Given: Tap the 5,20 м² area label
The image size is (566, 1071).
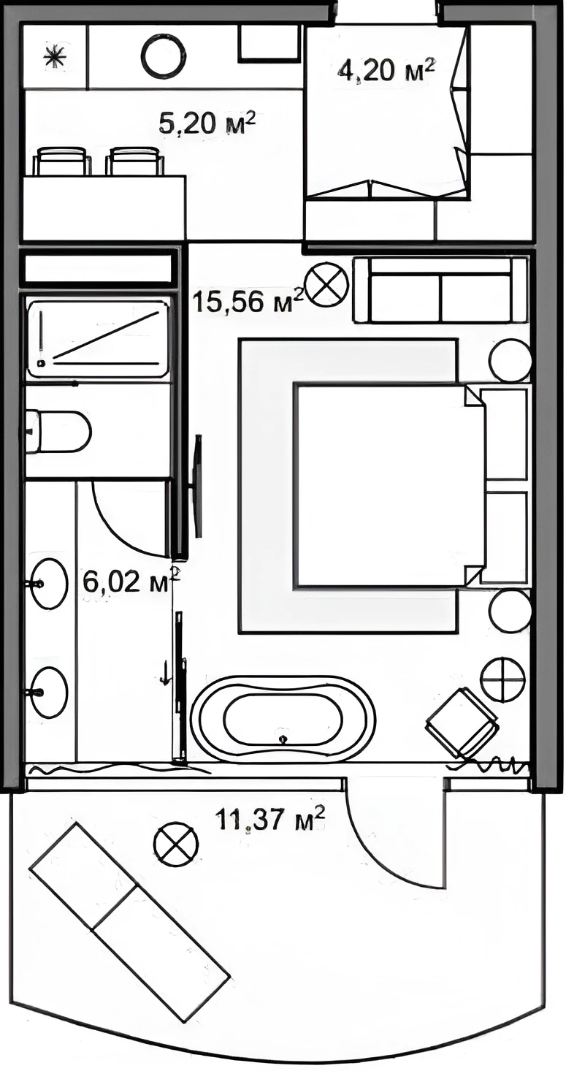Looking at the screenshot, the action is [x=207, y=124].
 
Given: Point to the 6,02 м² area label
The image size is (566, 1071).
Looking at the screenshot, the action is [x=131, y=581].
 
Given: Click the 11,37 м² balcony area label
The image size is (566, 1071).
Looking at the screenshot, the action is [x=270, y=819].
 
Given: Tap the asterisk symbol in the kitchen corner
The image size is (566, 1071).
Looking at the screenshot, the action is [x=55, y=57].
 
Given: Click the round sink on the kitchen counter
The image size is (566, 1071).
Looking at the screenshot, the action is [x=164, y=56].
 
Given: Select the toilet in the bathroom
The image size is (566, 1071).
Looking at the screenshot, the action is [x=58, y=432].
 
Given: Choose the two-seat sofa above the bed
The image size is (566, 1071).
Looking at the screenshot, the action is [x=441, y=290].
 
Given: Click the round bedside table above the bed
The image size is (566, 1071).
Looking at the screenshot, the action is [x=510, y=360].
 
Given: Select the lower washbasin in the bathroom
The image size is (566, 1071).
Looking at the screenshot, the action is [x=50, y=691].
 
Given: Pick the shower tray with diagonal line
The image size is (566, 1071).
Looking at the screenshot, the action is [x=99, y=339].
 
